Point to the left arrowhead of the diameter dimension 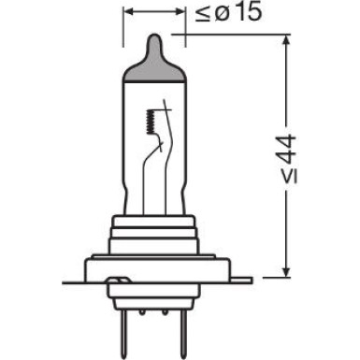click(x=128, y=15)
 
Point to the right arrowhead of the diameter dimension click(x=180, y=15)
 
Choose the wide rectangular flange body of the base click(x=154, y=266)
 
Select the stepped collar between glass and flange click(x=154, y=231)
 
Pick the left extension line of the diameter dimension click(x=124, y=28)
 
